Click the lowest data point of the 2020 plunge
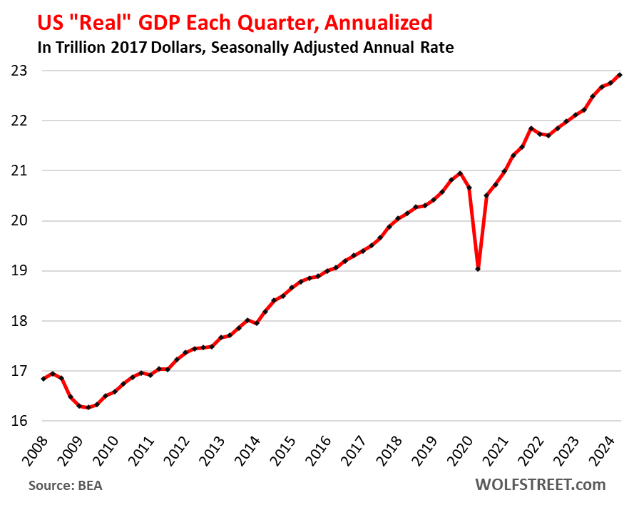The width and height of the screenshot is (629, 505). [x=478, y=269]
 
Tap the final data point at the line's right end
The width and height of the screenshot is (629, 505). [x=620, y=75]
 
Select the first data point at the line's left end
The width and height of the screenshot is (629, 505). [x=44, y=379]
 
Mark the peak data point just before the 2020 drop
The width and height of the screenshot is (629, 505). [x=460, y=173]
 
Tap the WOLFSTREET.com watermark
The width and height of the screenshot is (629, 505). [x=540, y=485]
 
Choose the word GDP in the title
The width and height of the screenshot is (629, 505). [x=161, y=22]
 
